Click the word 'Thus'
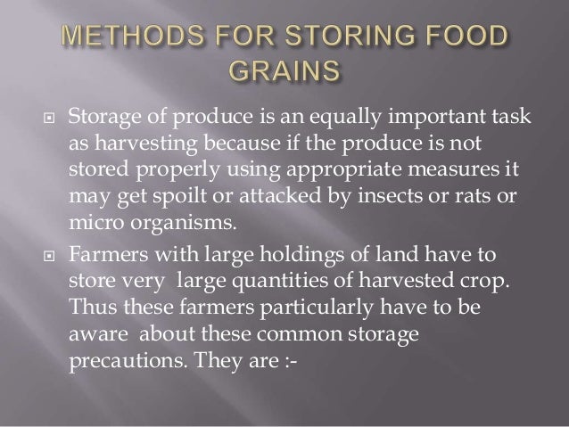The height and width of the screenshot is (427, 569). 87,305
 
